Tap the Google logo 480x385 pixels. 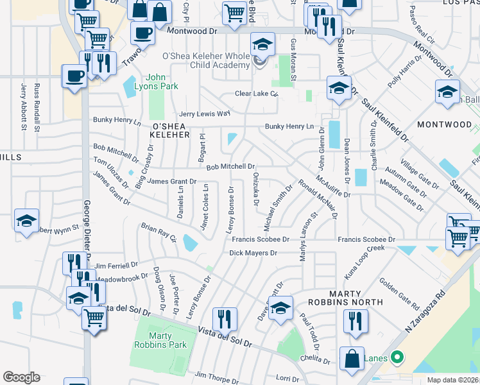pos(21,377)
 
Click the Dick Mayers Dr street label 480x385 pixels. pos(253,253)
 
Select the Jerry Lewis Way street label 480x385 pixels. pos(205,114)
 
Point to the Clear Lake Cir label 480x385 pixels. pos(256,94)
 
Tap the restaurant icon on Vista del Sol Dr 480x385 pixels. pos(225,318)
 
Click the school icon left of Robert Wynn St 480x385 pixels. pos(27,220)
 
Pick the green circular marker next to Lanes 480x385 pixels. pos(397,357)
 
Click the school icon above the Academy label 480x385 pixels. pos(261,44)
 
